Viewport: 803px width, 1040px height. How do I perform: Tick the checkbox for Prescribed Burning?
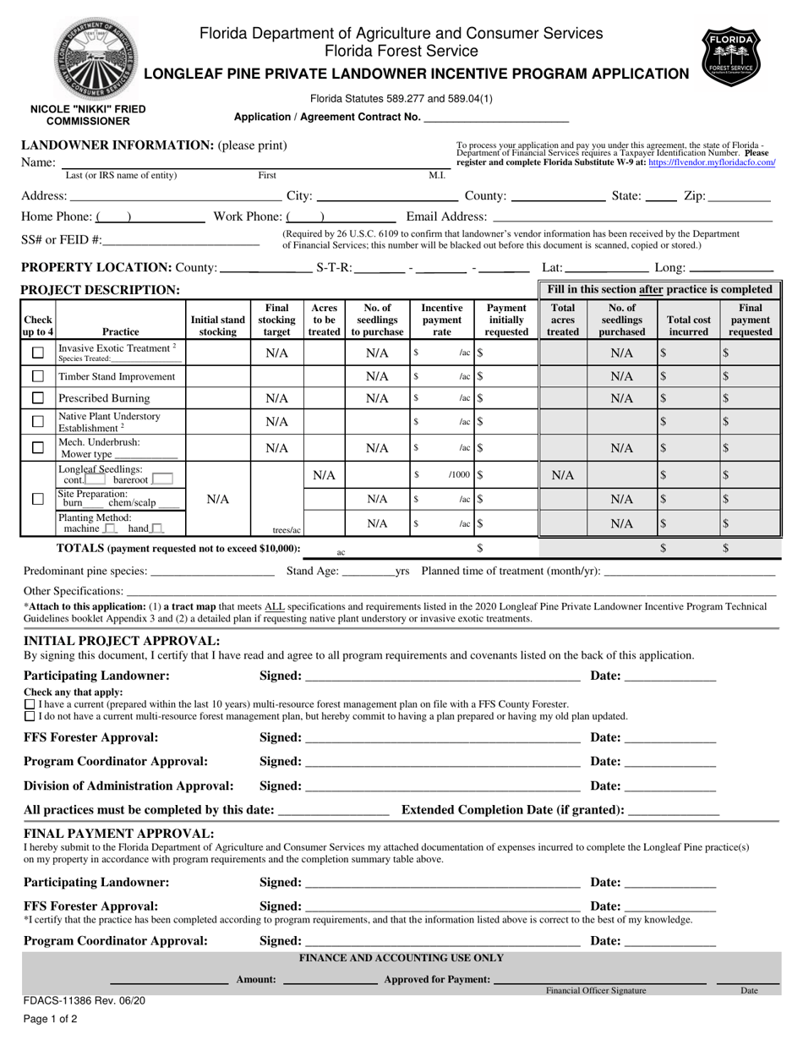[37, 398]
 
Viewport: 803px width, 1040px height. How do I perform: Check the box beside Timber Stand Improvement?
[37, 375]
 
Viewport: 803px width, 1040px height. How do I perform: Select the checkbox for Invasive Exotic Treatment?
[37, 353]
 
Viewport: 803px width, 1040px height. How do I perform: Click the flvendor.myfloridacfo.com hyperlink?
[712, 162]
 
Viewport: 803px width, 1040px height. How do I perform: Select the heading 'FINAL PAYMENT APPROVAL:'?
[118, 834]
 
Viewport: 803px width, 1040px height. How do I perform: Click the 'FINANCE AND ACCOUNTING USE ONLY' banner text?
[401, 958]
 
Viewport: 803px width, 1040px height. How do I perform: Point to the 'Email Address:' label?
[446, 217]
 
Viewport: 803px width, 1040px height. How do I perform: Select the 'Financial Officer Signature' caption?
[596, 990]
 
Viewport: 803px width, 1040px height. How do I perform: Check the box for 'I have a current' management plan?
[30, 703]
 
